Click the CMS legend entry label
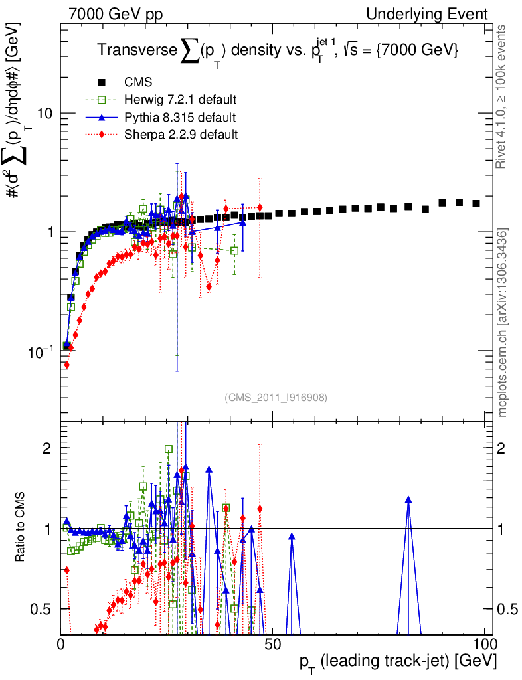pyautogui.click(x=138, y=82)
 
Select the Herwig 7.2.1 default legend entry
pyautogui.click(x=180, y=100)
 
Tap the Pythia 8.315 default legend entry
pyautogui.click(x=179, y=118)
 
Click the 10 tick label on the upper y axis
pyautogui.click(x=45, y=113)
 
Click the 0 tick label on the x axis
pyautogui.click(x=61, y=644)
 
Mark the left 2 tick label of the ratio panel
pyautogui.click(x=47, y=448)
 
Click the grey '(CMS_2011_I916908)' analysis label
pyautogui.click(x=275, y=397)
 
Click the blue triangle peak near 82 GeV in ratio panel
pyautogui.click(x=408, y=499)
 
